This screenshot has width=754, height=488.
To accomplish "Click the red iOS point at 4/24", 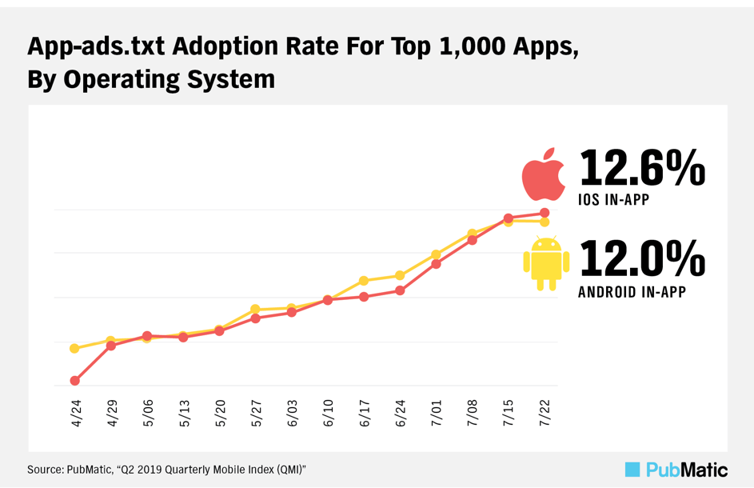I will [74, 381].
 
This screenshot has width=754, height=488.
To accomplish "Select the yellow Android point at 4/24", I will [74, 349].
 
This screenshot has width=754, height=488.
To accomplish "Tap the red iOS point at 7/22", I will [545, 213].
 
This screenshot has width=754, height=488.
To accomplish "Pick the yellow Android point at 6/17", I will [364, 281].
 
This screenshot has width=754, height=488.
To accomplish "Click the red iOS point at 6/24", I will [400, 290].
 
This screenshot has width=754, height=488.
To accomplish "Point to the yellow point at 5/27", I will [255, 309].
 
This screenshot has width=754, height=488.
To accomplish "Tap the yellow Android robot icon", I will [546, 263].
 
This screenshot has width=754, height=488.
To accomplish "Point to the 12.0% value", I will [642, 258].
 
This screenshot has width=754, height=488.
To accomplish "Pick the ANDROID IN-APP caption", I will [632, 292].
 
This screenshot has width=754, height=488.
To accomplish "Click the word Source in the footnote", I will [44, 470].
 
